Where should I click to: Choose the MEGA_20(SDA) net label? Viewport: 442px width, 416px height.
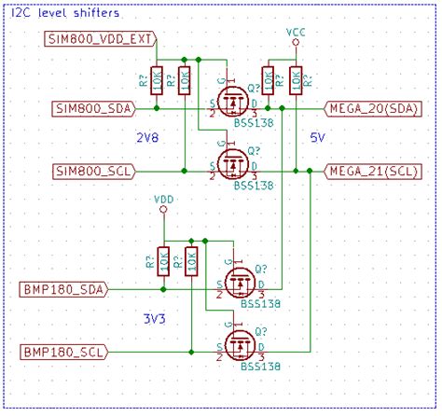[x=373, y=108]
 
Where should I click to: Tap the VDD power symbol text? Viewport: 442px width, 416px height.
[x=163, y=200]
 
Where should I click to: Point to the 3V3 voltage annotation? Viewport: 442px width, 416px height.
[x=155, y=318]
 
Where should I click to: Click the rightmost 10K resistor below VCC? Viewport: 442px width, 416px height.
[x=296, y=81]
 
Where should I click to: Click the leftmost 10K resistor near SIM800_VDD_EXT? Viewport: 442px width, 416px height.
[x=158, y=81]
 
